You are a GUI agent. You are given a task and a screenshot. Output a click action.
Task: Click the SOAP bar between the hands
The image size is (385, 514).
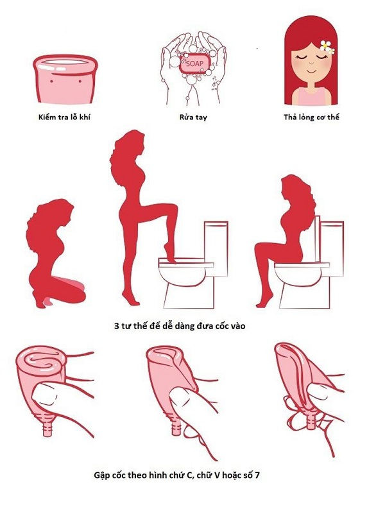click(x=194, y=64)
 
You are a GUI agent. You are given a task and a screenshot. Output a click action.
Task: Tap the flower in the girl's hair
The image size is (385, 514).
click(x=327, y=47)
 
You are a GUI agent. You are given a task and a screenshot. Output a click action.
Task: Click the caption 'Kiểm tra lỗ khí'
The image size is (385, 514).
click(x=64, y=117)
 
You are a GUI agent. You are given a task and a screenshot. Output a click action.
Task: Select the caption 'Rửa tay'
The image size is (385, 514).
click(x=193, y=117)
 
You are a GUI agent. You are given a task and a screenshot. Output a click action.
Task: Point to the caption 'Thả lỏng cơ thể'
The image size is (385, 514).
click(x=311, y=117)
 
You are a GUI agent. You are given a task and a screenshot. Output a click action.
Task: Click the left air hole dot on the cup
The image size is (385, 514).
click(x=51, y=81)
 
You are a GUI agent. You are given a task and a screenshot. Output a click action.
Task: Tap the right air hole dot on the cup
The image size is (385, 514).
click(x=80, y=81)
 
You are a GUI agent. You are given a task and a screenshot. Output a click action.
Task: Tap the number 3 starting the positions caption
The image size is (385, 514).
click(x=116, y=326)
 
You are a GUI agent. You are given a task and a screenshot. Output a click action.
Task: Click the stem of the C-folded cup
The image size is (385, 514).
click(x=47, y=426)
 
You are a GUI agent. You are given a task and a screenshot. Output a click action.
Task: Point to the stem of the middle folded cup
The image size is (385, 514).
click(x=176, y=426)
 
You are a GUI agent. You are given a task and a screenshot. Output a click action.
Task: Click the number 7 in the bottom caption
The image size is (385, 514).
click(x=257, y=475)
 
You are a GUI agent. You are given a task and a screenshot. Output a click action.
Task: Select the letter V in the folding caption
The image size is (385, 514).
click(x=216, y=475)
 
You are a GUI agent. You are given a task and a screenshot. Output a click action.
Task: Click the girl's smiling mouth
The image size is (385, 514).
click(x=311, y=71)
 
